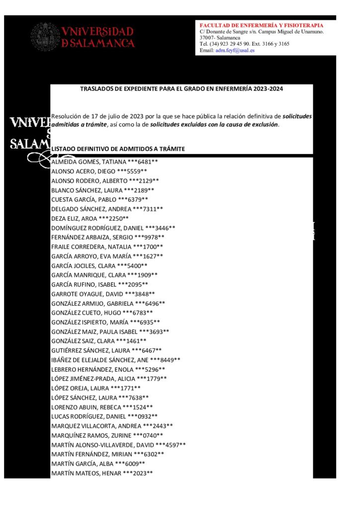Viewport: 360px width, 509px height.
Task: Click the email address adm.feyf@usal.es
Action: pyautogui.click(x=235, y=51)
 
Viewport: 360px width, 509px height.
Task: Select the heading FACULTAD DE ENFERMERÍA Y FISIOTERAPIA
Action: pyautogui.click(x=261, y=25)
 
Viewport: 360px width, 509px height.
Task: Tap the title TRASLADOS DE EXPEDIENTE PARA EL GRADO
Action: pyautogui.click(x=181, y=89)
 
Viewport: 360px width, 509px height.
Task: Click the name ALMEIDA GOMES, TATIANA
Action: pyautogui.click(x=83, y=162)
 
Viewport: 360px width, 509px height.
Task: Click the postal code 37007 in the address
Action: pyautogui.click(x=208, y=38)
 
